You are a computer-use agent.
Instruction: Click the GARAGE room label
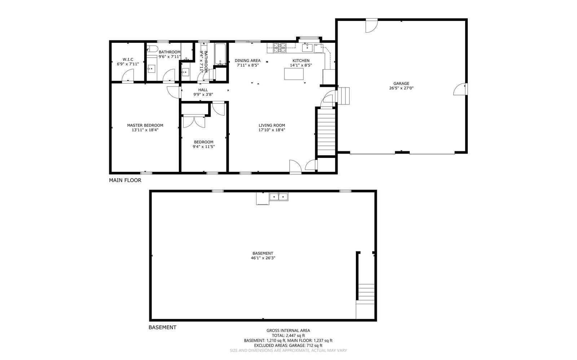(401, 84)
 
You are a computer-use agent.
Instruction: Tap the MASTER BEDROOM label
(145, 125)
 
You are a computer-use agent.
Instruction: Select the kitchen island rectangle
(294, 74)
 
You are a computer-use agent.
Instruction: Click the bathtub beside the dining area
(220, 54)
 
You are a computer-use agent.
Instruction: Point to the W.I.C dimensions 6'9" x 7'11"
(128, 64)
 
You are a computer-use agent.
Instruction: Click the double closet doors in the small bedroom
(194, 121)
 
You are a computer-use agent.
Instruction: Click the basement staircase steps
(366, 292)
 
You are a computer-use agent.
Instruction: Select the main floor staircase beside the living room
(327, 132)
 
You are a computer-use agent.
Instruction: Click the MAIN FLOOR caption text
(125, 180)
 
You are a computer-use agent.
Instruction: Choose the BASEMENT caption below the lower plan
(162, 328)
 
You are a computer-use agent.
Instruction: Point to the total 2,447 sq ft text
(288, 335)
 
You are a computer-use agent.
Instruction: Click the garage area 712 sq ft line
(288, 346)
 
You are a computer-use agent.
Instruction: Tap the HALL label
(203, 90)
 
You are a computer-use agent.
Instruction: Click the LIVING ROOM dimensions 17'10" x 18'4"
(272, 130)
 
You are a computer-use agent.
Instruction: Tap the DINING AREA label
(247, 61)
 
